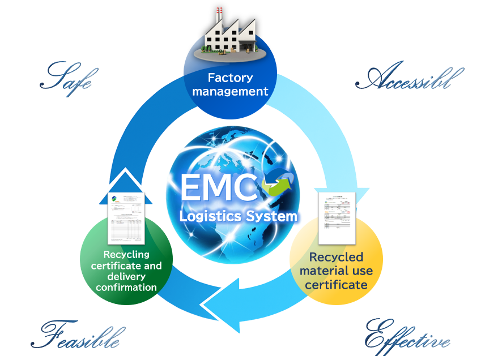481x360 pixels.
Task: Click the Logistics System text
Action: coord(238,216)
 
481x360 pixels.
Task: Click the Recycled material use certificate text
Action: coord(336,271)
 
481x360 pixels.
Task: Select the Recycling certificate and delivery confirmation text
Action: coord(126,271)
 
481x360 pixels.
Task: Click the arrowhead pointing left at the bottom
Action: coord(220,306)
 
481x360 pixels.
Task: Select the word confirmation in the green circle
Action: coord(126,287)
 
